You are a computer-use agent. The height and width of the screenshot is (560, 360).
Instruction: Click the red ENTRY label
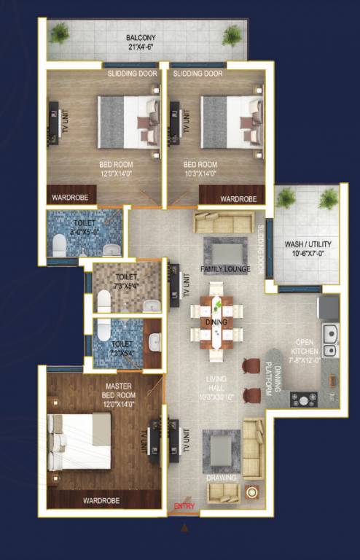182,506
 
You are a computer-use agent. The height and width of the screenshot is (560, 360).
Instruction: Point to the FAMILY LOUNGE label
226,270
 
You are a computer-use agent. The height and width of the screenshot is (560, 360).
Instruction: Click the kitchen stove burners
303,400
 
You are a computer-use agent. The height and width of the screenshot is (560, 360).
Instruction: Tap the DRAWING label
221,478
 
